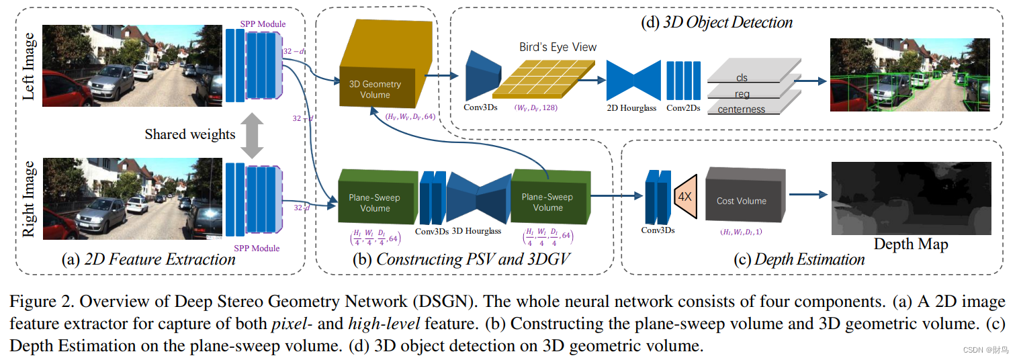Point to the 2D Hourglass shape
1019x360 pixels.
[633, 80]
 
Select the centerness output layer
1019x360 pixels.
[742, 109]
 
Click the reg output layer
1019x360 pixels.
[742, 93]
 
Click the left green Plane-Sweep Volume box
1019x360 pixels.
[373, 199]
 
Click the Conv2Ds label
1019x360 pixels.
[685, 107]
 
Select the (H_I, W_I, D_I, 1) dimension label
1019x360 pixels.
[740, 232]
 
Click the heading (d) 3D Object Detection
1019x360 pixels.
[717, 22]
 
